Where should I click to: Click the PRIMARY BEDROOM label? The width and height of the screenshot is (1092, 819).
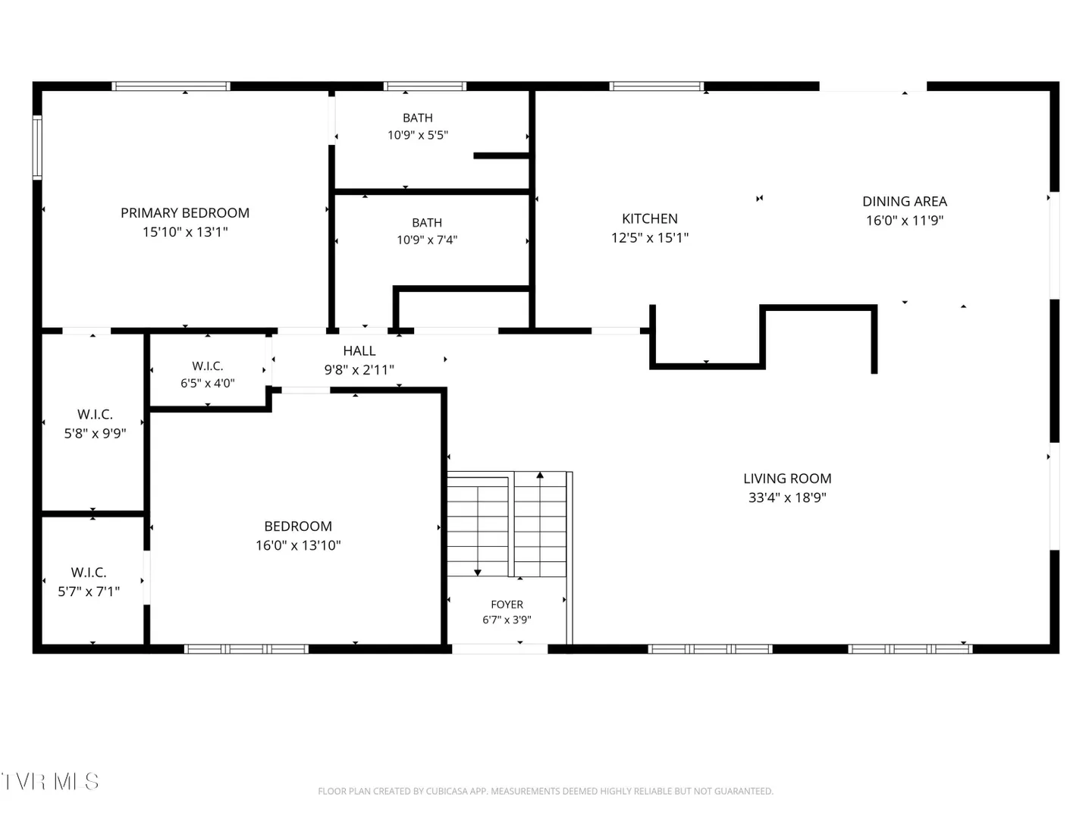[184, 213]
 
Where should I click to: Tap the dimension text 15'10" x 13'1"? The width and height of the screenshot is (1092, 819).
[185, 232]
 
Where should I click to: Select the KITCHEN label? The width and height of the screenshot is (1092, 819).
[649, 219]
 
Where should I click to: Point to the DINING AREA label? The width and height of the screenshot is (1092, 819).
[905, 202]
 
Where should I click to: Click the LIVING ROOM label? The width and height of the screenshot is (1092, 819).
[787, 479]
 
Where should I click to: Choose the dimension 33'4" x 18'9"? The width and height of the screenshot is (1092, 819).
[787, 497]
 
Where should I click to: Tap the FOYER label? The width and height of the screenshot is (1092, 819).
[507, 604]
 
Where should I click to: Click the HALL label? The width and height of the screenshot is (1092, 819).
[359, 351]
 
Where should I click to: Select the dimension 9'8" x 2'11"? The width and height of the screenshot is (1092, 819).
[359, 369]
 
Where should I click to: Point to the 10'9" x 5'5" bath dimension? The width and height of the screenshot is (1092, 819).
[417, 135]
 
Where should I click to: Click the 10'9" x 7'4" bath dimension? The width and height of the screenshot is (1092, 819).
[426, 240]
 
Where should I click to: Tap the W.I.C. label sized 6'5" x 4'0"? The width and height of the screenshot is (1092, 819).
[208, 366]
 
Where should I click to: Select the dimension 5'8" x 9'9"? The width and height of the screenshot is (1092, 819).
[95, 433]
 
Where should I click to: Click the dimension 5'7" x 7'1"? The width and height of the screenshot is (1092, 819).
[89, 591]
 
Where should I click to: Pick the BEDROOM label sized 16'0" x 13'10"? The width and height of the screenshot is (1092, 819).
[297, 526]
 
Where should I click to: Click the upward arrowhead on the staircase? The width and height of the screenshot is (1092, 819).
[540, 475]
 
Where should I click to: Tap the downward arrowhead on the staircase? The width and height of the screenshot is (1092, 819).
[477, 573]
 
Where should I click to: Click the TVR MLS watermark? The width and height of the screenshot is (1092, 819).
[50, 782]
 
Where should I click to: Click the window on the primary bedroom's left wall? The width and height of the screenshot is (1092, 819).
[37, 146]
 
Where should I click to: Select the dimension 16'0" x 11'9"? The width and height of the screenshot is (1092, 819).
[905, 220]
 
